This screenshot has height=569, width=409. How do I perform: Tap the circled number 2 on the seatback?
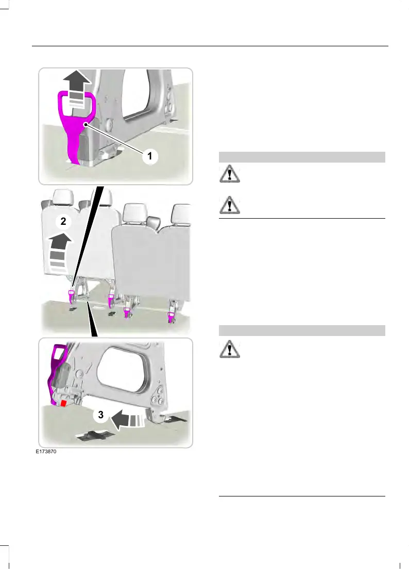click(63, 222)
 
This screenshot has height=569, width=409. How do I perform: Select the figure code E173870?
click(45, 452)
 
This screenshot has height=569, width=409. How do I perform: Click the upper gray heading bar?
click(302, 157)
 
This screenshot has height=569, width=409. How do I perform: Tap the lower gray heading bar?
click(302, 330)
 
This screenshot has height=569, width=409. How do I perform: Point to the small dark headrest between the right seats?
click(152, 223)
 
